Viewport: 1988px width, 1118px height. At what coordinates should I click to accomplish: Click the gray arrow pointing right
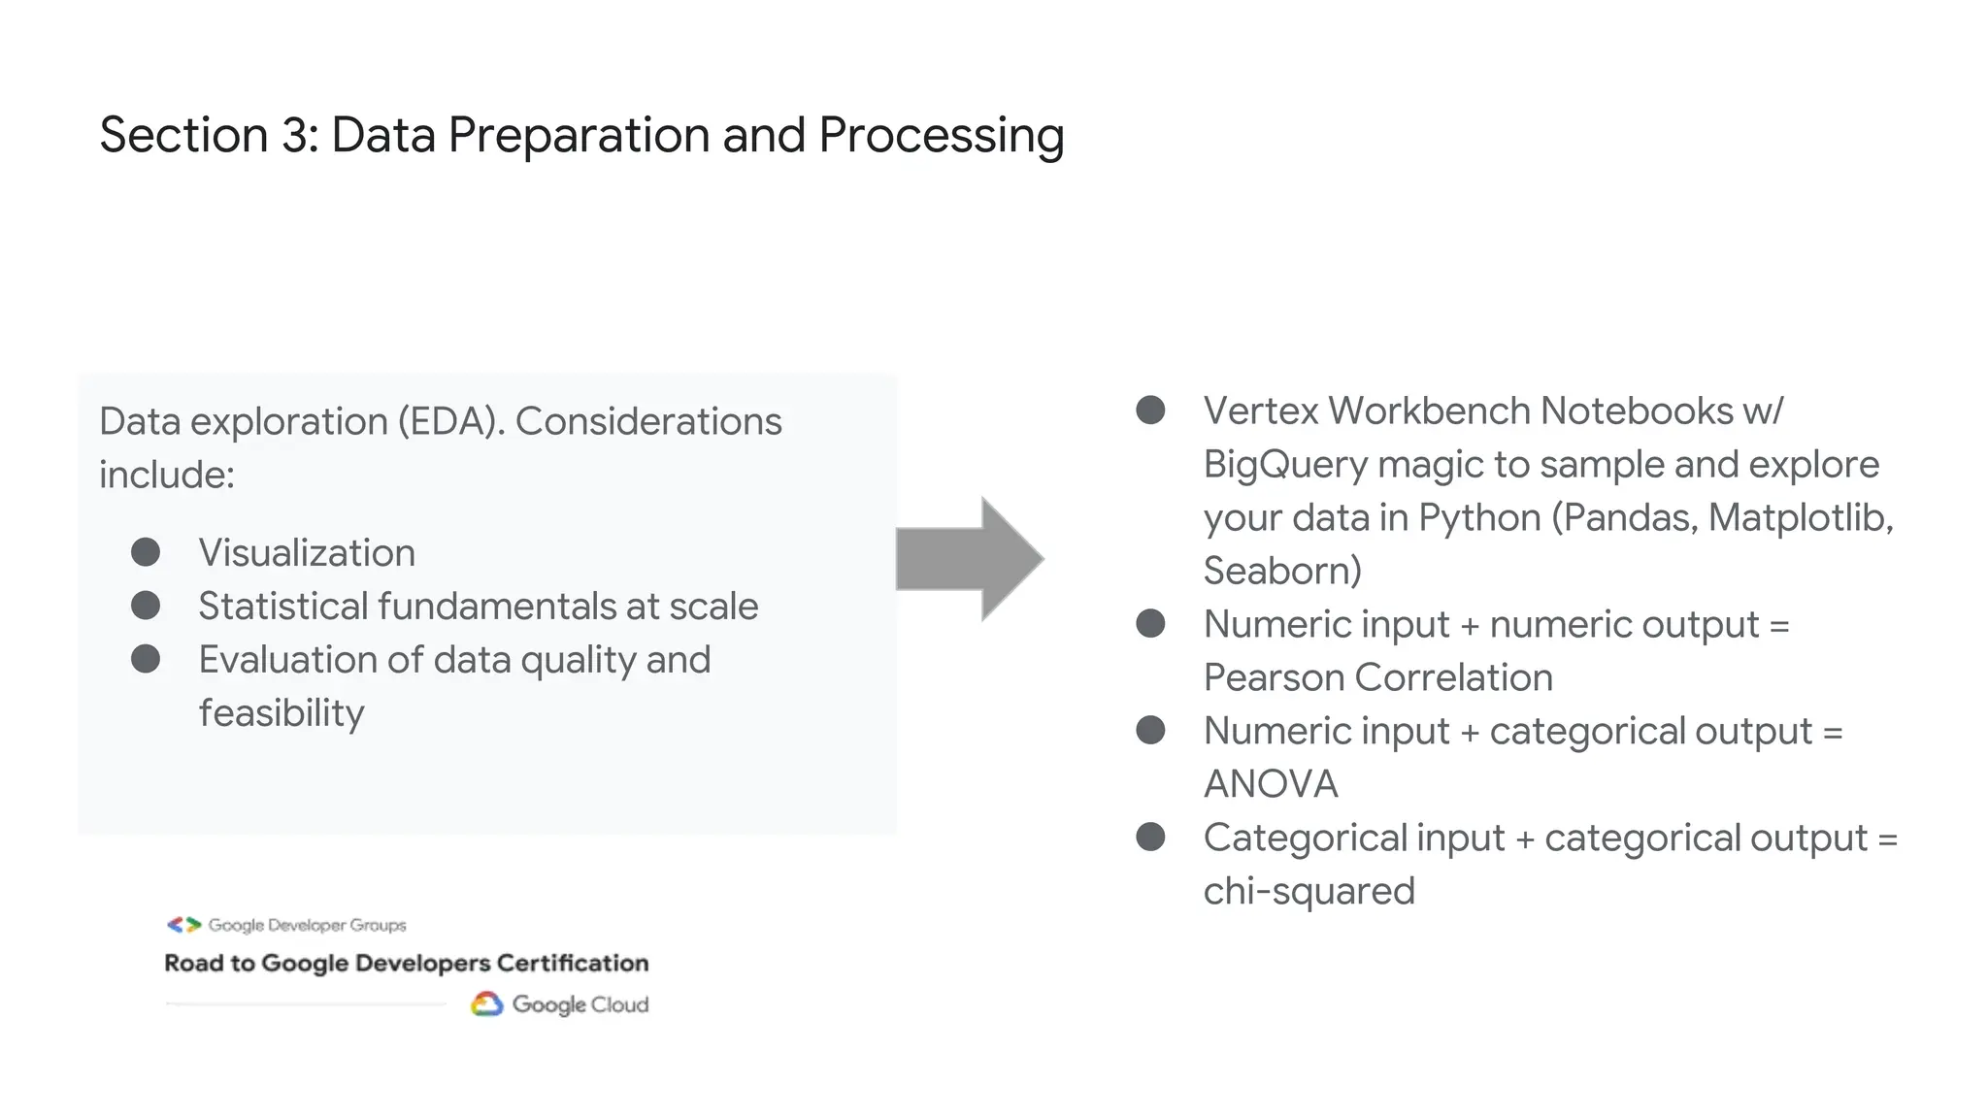click(x=969, y=559)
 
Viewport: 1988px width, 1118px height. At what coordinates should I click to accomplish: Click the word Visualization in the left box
click(x=307, y=553)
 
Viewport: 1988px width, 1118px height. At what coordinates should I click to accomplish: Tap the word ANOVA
click(x=1271, y=784)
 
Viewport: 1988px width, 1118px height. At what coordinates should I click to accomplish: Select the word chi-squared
click(x=1309, y=891)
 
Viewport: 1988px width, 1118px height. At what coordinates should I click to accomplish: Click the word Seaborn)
click(x=1282, y=571)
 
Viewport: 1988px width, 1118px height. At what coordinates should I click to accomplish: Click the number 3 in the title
click(x=294, y=135)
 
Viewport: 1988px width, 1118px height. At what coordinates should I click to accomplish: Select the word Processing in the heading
click(x=941, y=136)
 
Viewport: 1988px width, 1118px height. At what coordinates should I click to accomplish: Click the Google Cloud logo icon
click(x=487, y=1004)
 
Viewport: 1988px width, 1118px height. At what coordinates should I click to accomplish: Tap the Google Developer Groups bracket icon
click(x=183, y=925)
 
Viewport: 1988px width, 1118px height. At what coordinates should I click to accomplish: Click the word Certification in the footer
click(x=572, y=963)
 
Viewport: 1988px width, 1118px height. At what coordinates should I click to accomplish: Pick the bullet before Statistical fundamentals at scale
click(x=146, y=607)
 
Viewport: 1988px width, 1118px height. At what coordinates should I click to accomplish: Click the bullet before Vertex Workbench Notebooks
click(x=1150, y=411)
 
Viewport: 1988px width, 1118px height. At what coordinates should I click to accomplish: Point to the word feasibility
click(x=282, y=713)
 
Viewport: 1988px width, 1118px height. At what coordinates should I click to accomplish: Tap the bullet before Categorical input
click(x=1150, y=837)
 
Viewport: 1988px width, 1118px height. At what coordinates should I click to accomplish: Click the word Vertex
click(x=1260, y=411)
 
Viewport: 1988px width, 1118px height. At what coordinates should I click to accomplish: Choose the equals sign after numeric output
click(x=1778, y=625)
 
